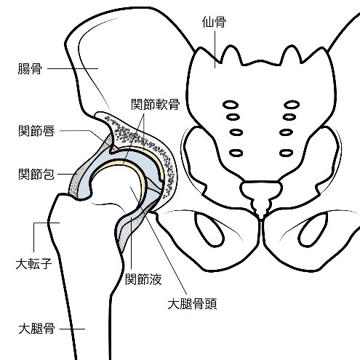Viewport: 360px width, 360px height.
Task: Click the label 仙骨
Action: pyautogui.click(x=214, y=22)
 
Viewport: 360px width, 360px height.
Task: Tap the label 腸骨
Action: pyautogui.click(x=30, y=68)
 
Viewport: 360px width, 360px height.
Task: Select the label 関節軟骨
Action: pyautogui.click(x=155, y=104)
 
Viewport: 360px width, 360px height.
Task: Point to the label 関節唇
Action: pyautogui.click(x=36, y=131)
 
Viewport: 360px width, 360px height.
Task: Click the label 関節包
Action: pyautogui.click(x=36, y=174)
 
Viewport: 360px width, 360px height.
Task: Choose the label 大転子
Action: pyautogui.click(x=33, y=264)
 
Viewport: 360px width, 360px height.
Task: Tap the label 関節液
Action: pyautogui.click(x=143, y=279)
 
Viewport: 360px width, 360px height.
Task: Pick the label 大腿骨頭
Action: pyautogui.click(x=192, y=304)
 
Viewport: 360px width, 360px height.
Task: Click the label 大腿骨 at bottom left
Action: pyautogui.click(x=36, y=329)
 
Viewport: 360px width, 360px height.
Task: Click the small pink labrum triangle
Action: pyautogui.click(x=114, y=149)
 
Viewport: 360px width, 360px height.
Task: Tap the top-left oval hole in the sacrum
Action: pyautogui.click(x=231, y=105)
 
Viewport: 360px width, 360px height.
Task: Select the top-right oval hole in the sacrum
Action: pyautogui.click(x=292, y=105)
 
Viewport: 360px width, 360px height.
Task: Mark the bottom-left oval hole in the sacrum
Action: pyautogui.click(x=236, y=153)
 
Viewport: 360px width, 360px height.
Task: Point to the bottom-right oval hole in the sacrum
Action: pyautogui.click(x=286, y=153)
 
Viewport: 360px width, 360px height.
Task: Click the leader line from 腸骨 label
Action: pyautogui.click(x=73, y=68)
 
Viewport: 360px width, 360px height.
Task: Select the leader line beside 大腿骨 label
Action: pyautogui.click(x=72, y=329)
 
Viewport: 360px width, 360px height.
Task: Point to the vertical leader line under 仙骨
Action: pyautogui.click(x=215, y=49)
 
